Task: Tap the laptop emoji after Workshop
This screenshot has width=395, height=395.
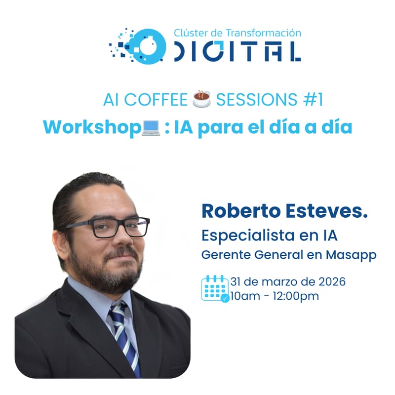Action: pyautogui.click(x=151, y=127)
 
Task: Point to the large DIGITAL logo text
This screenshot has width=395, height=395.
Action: pyautogui.click(x=237, y=51)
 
